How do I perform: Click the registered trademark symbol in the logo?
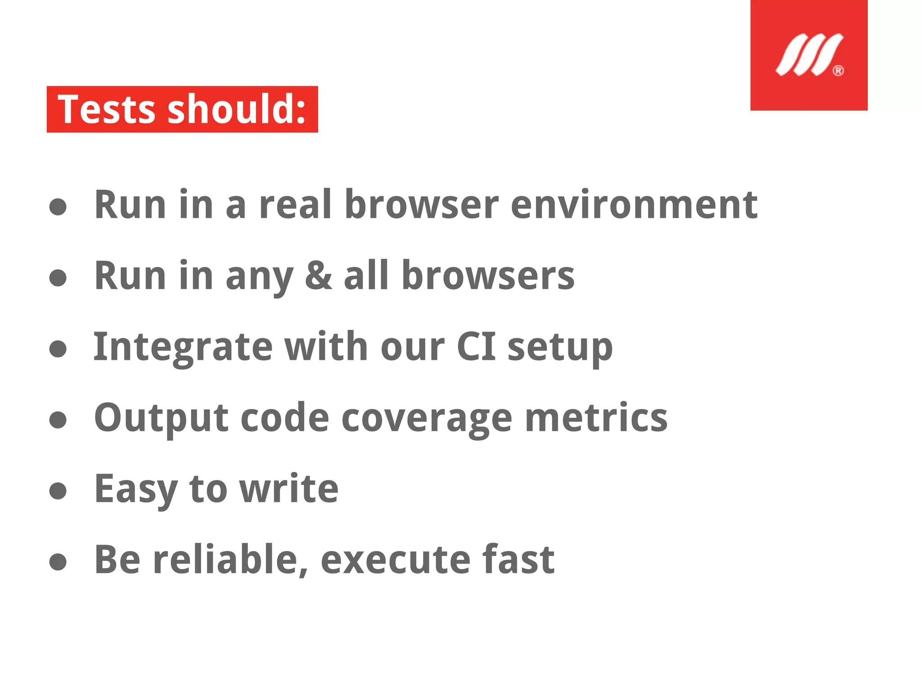[x=838, y=71]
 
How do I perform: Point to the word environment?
[x=634, y=205]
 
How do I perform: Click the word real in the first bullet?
[x=295, y=205]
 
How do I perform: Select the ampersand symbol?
[x=318, y=276]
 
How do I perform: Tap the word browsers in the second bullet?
[x=488, y=276]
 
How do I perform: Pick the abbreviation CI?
[x=476, y=346]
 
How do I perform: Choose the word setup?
[x=560, y=347]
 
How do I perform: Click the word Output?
[x=161, y=418]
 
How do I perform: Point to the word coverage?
[x=427, y=418]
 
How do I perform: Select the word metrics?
[x=596, y=417]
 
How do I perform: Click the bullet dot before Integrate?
[x=58, y=349]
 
